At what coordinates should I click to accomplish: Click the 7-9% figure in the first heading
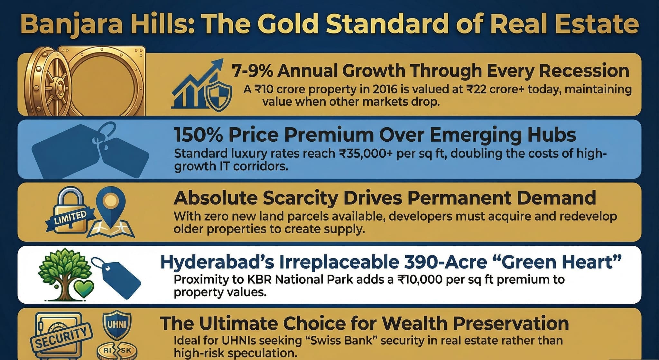(x=252, y=71)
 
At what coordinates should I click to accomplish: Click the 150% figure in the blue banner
(x=198, y=135)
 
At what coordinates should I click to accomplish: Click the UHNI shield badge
(x=116, y=324)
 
